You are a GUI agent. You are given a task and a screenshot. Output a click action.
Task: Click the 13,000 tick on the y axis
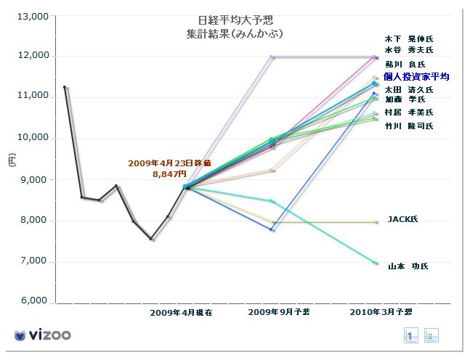coord(33,16)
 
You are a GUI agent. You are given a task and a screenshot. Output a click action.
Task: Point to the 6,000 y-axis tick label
coord(33,300)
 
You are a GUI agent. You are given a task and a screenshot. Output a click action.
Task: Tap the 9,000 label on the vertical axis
coord(33,179)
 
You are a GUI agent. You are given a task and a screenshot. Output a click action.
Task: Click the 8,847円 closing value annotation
coord(168,174)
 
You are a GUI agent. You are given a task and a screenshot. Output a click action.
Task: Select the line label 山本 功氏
coord(408,266)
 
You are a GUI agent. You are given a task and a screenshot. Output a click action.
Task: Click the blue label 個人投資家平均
coord(416,76)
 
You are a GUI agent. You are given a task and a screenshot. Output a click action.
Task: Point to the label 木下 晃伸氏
coord(408,38)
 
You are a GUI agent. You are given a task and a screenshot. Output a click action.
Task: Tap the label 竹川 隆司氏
coord(408,126)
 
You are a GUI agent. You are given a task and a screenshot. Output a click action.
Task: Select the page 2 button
coord(431,335)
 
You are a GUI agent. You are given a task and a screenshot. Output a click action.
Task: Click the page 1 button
coord(410,335)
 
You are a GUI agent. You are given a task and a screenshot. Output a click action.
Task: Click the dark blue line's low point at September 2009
coord(272,229)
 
